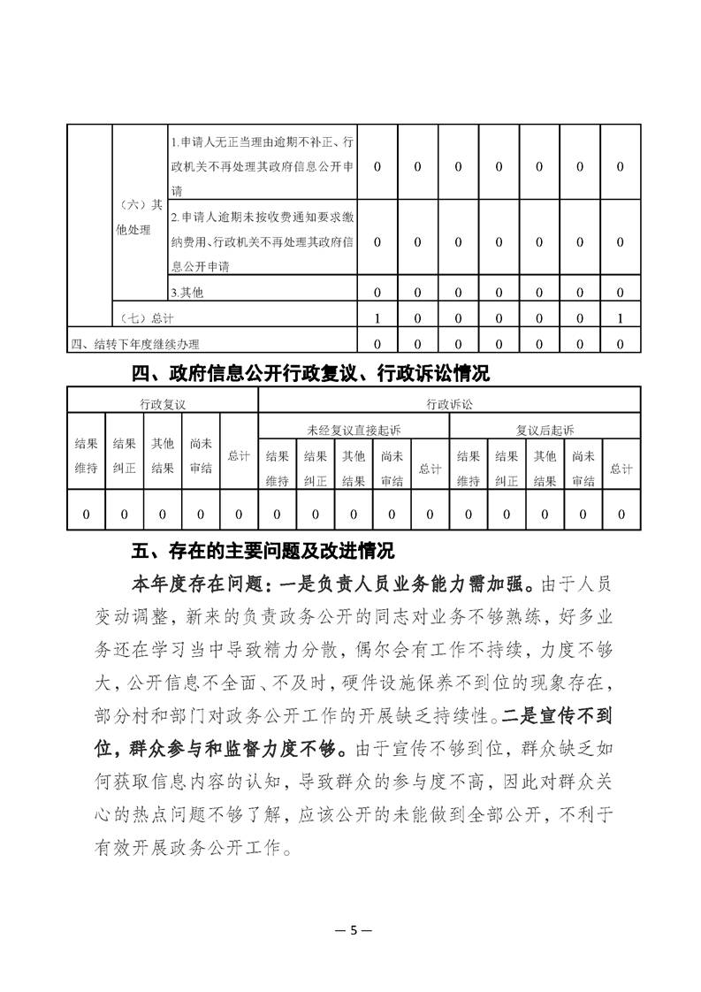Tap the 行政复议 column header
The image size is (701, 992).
point(163,404)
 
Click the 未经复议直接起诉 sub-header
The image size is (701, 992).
point(354,430)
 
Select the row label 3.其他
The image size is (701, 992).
point(187,292)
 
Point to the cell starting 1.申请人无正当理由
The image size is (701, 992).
point(263,165)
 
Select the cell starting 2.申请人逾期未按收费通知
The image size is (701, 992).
point(263,240)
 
